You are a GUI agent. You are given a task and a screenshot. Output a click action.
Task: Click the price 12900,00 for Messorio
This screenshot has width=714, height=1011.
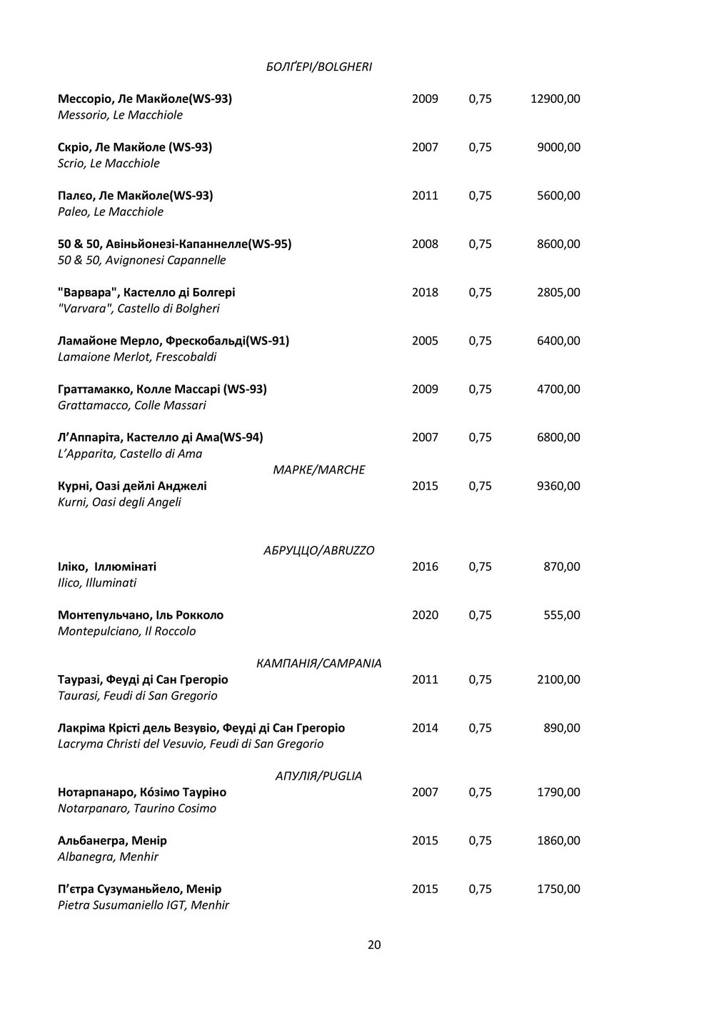555,99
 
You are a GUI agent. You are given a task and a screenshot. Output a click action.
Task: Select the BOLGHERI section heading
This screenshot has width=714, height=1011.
318,66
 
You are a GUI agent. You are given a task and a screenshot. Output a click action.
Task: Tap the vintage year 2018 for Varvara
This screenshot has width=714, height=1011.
425,292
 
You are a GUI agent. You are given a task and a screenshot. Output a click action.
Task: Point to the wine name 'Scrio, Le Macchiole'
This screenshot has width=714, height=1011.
109,164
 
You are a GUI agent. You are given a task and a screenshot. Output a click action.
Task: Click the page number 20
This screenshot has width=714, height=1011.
374,945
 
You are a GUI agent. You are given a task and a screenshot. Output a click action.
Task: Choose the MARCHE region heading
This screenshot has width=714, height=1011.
319,469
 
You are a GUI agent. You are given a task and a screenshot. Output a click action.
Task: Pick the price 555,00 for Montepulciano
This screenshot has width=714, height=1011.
561,615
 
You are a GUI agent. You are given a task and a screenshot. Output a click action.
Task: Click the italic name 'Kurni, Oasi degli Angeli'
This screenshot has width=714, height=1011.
119,502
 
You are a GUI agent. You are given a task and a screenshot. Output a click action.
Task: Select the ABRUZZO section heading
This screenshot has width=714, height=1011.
318,550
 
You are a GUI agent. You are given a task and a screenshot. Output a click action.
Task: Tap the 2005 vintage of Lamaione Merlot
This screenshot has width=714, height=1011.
425,341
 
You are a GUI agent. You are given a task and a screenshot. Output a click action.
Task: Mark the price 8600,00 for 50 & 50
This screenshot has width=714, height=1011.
558,244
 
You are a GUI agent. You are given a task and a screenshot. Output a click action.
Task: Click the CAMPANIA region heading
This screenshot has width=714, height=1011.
318,663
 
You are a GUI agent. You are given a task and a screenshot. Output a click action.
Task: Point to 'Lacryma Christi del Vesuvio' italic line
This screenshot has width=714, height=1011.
191,744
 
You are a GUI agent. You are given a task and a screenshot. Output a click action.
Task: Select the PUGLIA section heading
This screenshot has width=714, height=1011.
318,776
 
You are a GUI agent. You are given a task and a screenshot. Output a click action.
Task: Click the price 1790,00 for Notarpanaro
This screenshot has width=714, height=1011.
558,792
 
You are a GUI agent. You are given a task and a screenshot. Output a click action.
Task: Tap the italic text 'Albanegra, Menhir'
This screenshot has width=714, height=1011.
108,857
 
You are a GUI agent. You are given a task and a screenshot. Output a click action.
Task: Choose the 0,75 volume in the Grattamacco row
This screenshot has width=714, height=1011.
480,389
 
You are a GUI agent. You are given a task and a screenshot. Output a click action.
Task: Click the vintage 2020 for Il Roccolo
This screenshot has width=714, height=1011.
425,615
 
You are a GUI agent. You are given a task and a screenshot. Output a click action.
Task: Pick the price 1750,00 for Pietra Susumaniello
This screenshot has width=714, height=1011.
558,889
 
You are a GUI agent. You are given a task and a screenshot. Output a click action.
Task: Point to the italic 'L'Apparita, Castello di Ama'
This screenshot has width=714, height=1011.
130,454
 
